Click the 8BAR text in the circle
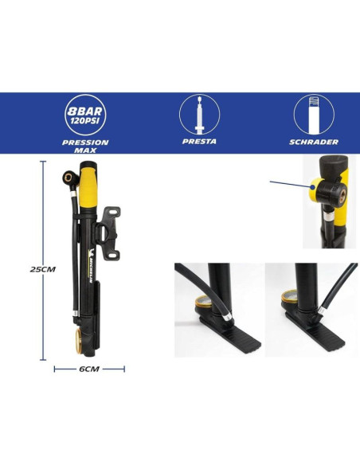85,111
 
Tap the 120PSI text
85,120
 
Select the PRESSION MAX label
85,147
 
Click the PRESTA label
199,141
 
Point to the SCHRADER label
314,142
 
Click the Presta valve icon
200,114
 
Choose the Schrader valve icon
314,115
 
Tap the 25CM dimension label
43,269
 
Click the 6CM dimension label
89,369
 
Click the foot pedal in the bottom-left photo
230,332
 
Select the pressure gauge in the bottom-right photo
289,299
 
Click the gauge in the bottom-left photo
204,303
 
